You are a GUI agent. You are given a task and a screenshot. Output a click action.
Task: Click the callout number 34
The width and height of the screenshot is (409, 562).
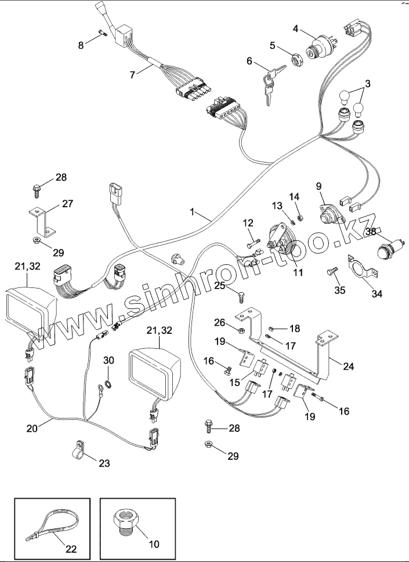click(x=377, y=294)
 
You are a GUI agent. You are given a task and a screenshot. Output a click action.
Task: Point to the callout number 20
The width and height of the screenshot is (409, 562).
click(x=32, y=428)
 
